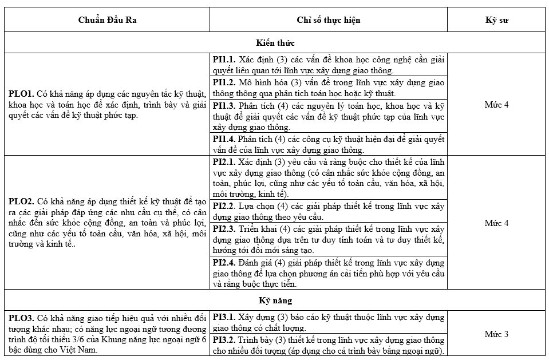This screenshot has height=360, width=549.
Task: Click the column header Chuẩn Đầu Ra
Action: [x=107, y=20]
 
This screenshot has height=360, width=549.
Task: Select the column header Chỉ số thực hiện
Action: [x=328, y=20]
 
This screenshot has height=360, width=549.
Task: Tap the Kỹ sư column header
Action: [x=496, y=20]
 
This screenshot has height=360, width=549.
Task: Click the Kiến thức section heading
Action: [x=275, y=42]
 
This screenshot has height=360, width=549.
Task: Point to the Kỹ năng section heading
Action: [x=275, y=300]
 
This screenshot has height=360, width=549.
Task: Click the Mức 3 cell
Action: [x=496, y=334]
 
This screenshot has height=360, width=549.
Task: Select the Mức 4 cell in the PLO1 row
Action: [x=496, y=105]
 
